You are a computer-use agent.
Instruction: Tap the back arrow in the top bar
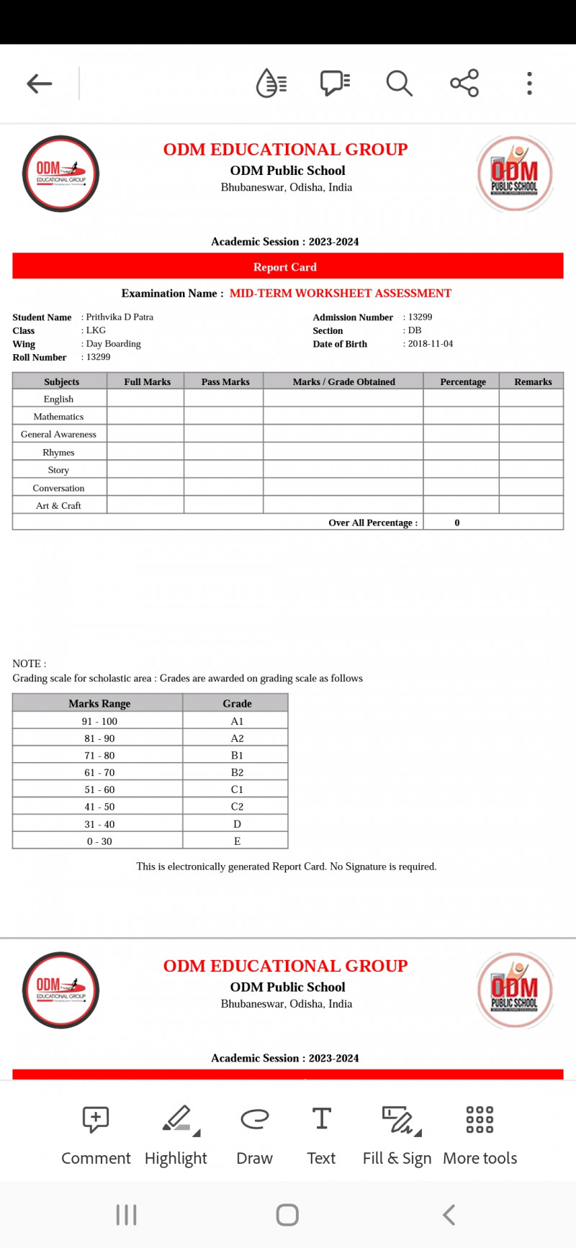click(x=40, y=83)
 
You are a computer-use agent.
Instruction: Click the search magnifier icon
click(x=399, y=83)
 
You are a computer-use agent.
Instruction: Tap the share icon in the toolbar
click(x=464, y=83)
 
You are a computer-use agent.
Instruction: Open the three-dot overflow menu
click(x=529, y=83)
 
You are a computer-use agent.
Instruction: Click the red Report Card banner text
click(x=285, y=267)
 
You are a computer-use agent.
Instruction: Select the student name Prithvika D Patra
click(x=120, y=317)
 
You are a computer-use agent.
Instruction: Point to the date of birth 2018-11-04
click(x=430, y=344)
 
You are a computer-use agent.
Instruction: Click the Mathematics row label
click(x=58, y=417)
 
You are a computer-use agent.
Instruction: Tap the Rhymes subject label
click(x=58, y=453)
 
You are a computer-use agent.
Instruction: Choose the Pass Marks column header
click(x=225, y=382)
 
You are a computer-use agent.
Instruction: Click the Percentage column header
click(x=463, y=382)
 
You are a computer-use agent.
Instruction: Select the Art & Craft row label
click(x=58, y=506)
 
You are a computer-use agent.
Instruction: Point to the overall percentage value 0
click(x=457, y=523)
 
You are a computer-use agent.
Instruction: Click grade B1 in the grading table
click(x=237, y=756)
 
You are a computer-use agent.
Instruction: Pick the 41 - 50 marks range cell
click(x=99, y=807)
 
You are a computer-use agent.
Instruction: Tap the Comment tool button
click(x=96, y=1134)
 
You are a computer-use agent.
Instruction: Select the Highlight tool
click(x=176, y=1134)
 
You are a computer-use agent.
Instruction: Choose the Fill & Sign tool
click(x=397, y=1134)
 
